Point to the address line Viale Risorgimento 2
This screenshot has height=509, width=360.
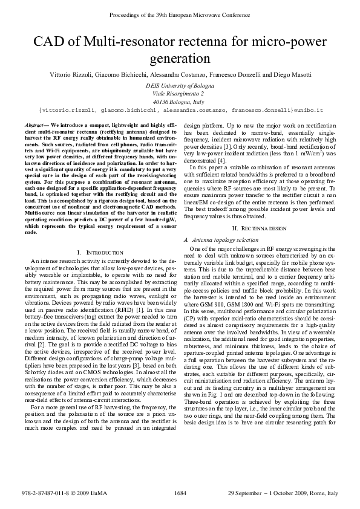point(179,94)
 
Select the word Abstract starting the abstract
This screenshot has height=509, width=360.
point(36,124)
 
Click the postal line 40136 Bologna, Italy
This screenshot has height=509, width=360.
point(179,103)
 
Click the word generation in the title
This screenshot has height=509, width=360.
point(180,59)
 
